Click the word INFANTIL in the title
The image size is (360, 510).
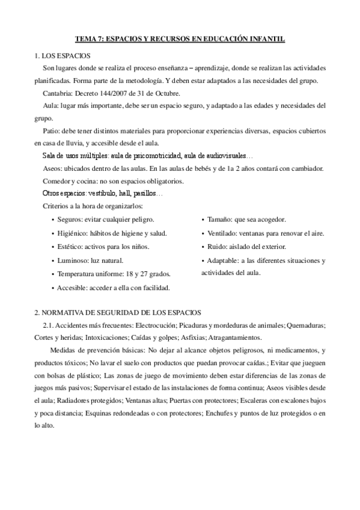(x=266, y=38)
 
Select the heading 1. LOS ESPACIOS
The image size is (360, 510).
(x=59, y=56)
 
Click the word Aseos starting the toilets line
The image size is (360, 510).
(x=53, y=169)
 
